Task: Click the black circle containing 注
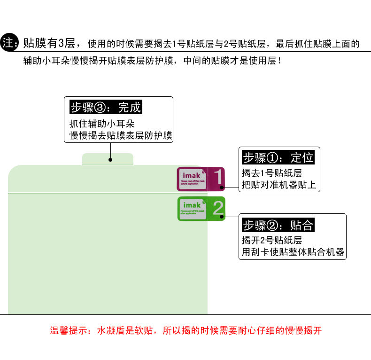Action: [x=9, y=44]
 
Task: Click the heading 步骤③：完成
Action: [x=105, y=107]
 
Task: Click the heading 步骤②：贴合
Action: [x=278, y=225]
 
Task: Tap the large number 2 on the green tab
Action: [x=218, y=208]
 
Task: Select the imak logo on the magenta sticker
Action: [x=191, y=175]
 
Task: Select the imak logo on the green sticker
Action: [x=192, y=205]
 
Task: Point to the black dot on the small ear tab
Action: [x=110, y=160]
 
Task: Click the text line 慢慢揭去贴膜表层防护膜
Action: [x=121, y=136]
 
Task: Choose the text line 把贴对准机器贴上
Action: [x=278, y=185]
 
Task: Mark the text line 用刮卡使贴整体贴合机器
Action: [x=293, y=252]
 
